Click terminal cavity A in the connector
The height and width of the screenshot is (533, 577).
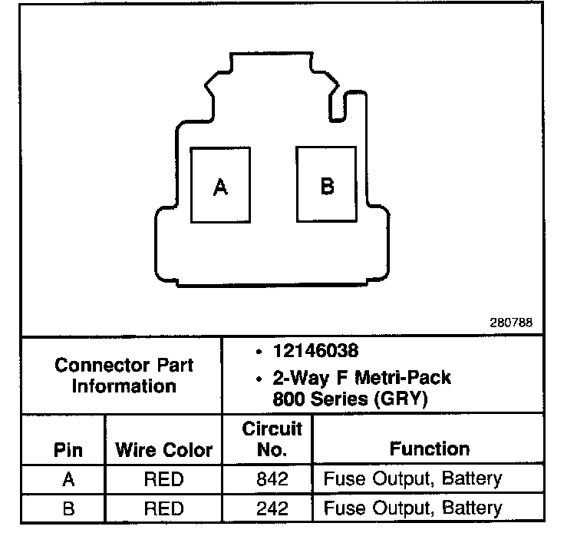coord(220,185)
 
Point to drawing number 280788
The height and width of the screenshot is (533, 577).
coord(511,323)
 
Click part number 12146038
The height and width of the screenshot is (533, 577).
coord(315,351)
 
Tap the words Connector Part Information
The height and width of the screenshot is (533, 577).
coord(124,376)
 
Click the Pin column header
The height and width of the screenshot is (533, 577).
coord(68,449)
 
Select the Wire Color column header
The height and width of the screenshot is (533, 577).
coord(163,449)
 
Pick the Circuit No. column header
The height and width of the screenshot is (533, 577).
coord(272,439)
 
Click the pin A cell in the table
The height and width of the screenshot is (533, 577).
coord(68,480)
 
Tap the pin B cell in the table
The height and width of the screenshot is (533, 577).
coord(68,508)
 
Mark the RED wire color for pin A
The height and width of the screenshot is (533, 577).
coord(163,480)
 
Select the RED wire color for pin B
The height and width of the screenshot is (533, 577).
coord(163,508)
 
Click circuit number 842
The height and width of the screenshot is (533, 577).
coord(272,480)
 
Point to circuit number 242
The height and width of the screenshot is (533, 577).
coord(272,508)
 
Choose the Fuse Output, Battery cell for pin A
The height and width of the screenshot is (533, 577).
coord(413,480)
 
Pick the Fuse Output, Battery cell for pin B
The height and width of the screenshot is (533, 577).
coord(413,508)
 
